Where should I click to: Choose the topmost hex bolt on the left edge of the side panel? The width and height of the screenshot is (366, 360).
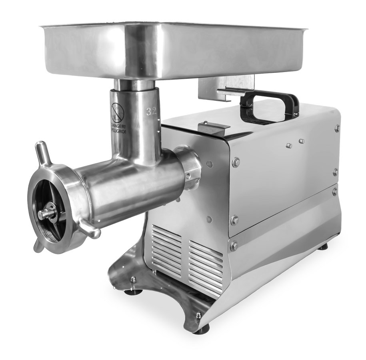coord(236,162)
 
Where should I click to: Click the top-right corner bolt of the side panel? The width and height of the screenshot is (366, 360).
coord(337,129)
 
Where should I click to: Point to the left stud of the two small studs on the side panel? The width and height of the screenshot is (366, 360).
coord(288,146)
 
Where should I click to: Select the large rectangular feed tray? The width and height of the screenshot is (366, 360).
coord(172,50)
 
